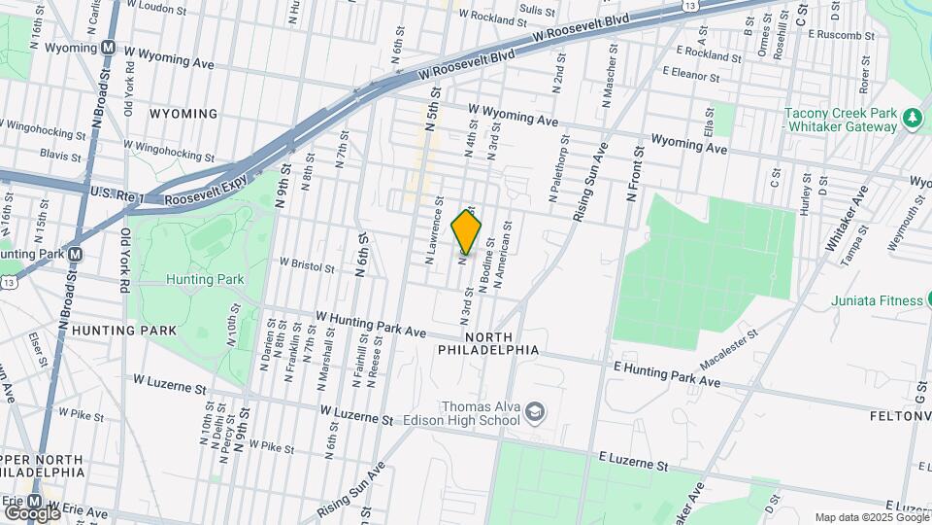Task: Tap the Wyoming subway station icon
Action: [x=108, y=47]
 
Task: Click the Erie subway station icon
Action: [x=33, y=502]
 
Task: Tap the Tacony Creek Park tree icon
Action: [x=912, y=119]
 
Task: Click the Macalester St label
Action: [x=728, y=348]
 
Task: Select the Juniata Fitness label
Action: [x=877, y=300]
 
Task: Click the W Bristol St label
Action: [x=307, y=262]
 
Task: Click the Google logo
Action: [x=32, y=511]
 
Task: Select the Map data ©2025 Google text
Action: [x=871, y=517]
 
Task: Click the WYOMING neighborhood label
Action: [x=183, y=114]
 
